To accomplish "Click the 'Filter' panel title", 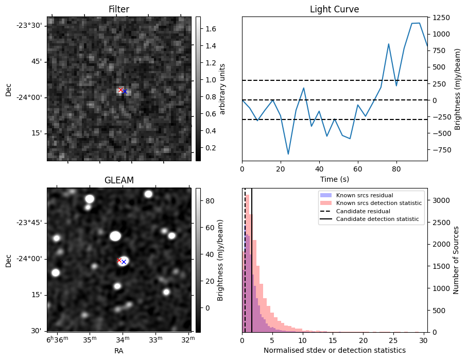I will (119, 9).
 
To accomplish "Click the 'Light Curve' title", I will (334, 9).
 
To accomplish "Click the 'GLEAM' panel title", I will (119, 180).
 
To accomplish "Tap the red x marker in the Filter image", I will (120, 90).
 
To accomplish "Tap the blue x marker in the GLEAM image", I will (124, 262).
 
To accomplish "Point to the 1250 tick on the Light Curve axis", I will (441, 18).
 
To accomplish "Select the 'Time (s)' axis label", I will (334, 178).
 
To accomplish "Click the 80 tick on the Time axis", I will (396, 168).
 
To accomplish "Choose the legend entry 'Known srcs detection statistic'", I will (378, 203).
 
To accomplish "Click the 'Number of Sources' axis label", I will (456, 260).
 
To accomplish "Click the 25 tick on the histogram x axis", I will (394, 340).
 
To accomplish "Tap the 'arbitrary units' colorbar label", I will (222, 89).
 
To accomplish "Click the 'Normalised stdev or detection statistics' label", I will (334, 350).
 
